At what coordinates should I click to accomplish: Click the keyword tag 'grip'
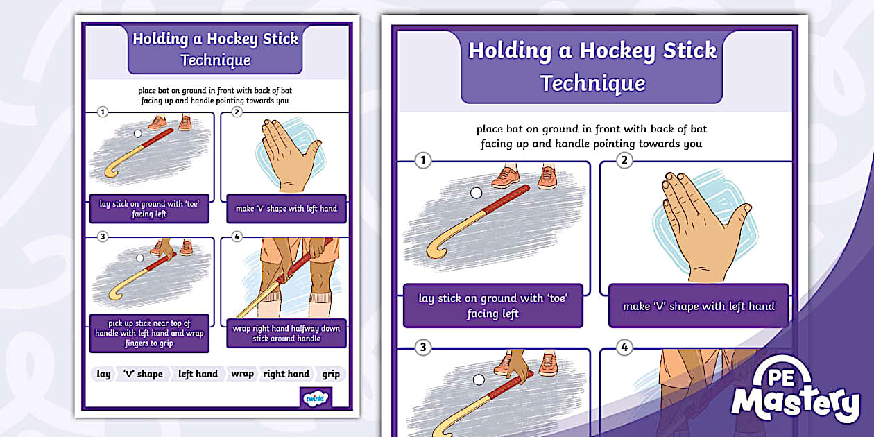point(331,374)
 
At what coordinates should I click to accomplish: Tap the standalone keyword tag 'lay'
point(103,374)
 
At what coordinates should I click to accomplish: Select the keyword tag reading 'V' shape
point(142,374)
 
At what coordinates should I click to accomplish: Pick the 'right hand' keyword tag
point(286,374)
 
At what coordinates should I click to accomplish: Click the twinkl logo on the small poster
point(316,398)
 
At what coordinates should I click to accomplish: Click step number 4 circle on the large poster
point(625,348)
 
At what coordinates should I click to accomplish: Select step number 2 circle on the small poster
point(237,112)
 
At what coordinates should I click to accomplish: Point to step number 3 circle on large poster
point(422,348)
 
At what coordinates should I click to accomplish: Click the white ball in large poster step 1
point(476,194)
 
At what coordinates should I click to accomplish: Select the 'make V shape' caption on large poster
point(698,306)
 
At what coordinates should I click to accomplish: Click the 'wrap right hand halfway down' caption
point(286,333)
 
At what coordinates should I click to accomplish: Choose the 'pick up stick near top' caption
point(149,333)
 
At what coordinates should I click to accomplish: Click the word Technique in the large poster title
point(592,83)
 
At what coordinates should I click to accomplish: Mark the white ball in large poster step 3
point(478,379)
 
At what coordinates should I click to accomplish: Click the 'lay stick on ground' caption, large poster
point(492,306)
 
